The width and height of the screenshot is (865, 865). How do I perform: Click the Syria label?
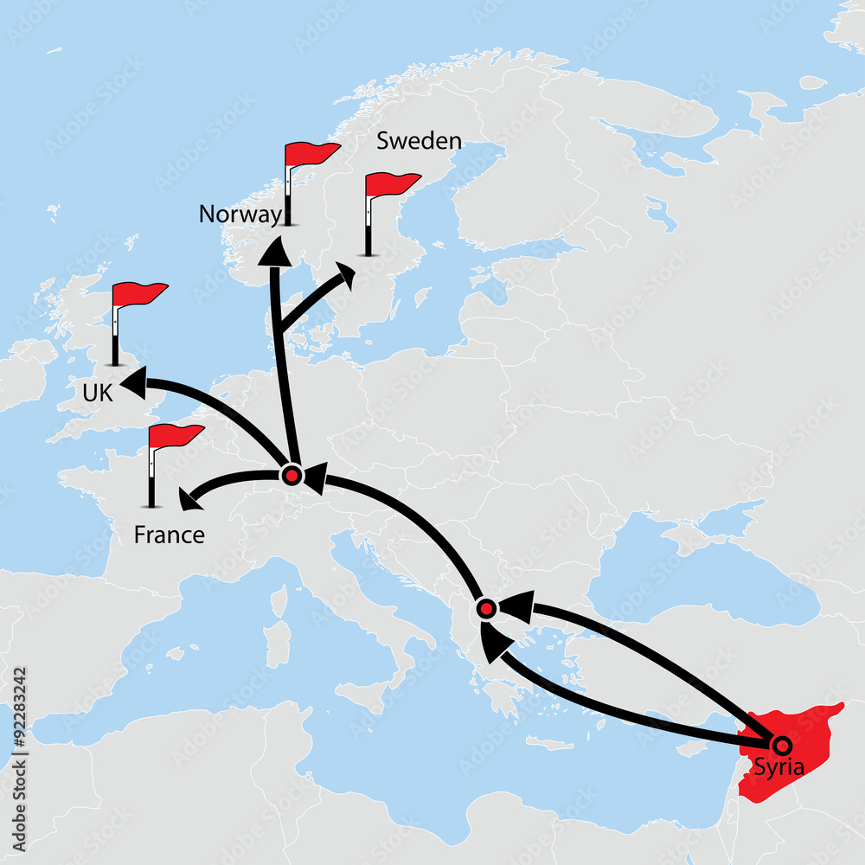[x=779, y=766]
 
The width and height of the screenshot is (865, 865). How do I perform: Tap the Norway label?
[x=240, y=215]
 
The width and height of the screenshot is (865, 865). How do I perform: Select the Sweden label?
[x=419, y=141]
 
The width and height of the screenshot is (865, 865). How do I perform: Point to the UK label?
[x=98, y=394]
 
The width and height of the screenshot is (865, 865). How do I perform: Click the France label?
[x=170, y=535]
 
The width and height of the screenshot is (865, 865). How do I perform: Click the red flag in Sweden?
[x=390, y=184]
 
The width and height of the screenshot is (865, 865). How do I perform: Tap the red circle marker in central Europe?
[x=292, y=475]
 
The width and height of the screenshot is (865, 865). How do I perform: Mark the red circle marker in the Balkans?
[x=486, y=609]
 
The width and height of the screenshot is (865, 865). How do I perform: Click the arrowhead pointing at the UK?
[x=134, y=383]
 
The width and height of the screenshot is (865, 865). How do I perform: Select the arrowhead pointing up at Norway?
[x=276, y=251]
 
